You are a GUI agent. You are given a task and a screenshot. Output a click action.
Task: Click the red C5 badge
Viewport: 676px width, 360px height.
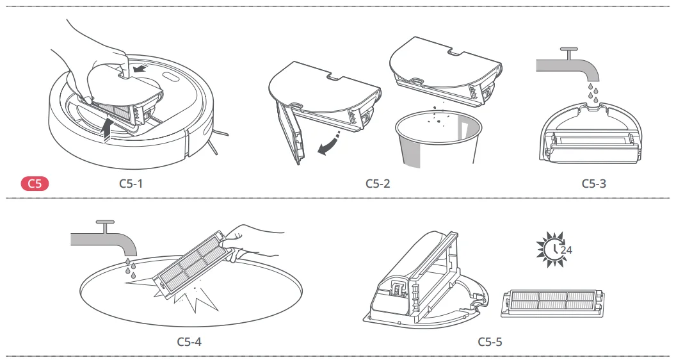click(x=35, y=184)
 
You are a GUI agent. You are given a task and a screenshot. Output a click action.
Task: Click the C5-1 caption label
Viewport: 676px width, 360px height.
click(x=132, y=184)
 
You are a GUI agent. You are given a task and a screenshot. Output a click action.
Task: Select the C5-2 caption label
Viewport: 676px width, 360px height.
click(x=378, y=184)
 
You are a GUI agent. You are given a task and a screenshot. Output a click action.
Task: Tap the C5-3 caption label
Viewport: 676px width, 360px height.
click(x=593, y=184)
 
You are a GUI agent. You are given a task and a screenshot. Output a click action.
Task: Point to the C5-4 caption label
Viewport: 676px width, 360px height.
click(x=189, y=341)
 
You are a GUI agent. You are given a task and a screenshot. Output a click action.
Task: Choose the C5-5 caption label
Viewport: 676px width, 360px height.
click(x=490, y=341)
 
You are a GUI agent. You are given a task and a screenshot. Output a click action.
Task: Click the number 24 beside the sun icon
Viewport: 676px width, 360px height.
click(x=566, y=250)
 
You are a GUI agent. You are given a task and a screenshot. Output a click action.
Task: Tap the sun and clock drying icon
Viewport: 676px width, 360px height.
click(x=550, y=247)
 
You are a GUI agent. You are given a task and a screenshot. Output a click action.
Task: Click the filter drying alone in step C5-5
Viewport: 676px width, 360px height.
click(x=553, y=302)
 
